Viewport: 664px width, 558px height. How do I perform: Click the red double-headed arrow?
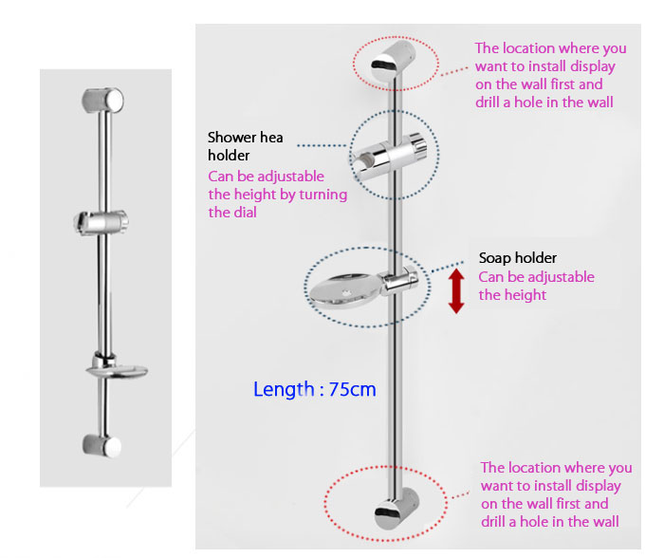pos(456,290)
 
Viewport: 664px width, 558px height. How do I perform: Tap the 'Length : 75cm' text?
pos(315,389)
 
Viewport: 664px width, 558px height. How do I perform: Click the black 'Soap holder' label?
pos(518,257)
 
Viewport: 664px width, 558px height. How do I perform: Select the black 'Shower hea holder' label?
pos(245,146)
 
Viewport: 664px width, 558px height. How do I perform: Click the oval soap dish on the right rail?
pos(346,289)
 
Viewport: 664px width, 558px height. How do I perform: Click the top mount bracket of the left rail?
pos(102,101)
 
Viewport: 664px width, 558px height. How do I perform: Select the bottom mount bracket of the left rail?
pos(102,446)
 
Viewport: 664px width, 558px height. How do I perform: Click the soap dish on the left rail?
pos(117,368)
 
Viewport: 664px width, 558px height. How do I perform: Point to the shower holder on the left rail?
pos(101,221)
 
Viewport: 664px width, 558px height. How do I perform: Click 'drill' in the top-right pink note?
pos(488,102)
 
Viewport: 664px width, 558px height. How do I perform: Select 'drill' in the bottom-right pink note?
pos(493,522)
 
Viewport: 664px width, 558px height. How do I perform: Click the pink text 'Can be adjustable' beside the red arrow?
pos(537,277)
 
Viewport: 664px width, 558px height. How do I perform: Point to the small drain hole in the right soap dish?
pos(346,293)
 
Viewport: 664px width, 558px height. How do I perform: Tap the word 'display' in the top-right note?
pos(593,66)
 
